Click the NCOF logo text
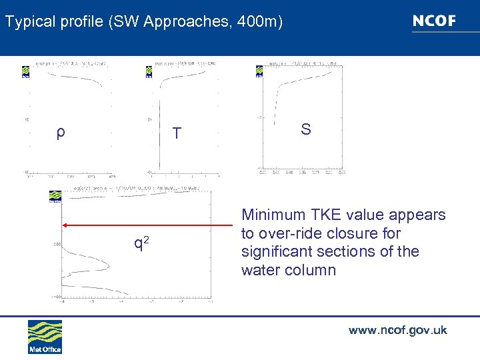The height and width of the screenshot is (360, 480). (x=434, y=21)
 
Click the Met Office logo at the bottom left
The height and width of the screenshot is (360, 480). (x=45, y=337)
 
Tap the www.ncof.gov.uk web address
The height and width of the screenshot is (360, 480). (x=397, y=330)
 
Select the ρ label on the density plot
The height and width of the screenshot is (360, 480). (x=60, y=132)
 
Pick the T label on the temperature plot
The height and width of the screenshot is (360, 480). (x=176, y=133)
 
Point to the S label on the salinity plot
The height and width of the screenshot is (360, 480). (x=305, y=129)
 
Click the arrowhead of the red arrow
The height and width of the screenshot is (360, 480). (x=65, y=225)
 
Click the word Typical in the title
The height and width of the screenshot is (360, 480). (x=27, y=22)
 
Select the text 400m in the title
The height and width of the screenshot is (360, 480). (x=262, y=22)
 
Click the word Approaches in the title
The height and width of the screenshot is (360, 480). (x=176, y=22)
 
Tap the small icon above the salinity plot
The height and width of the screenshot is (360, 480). (x=259, y=71)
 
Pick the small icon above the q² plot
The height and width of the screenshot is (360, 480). (x=55, y=196)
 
